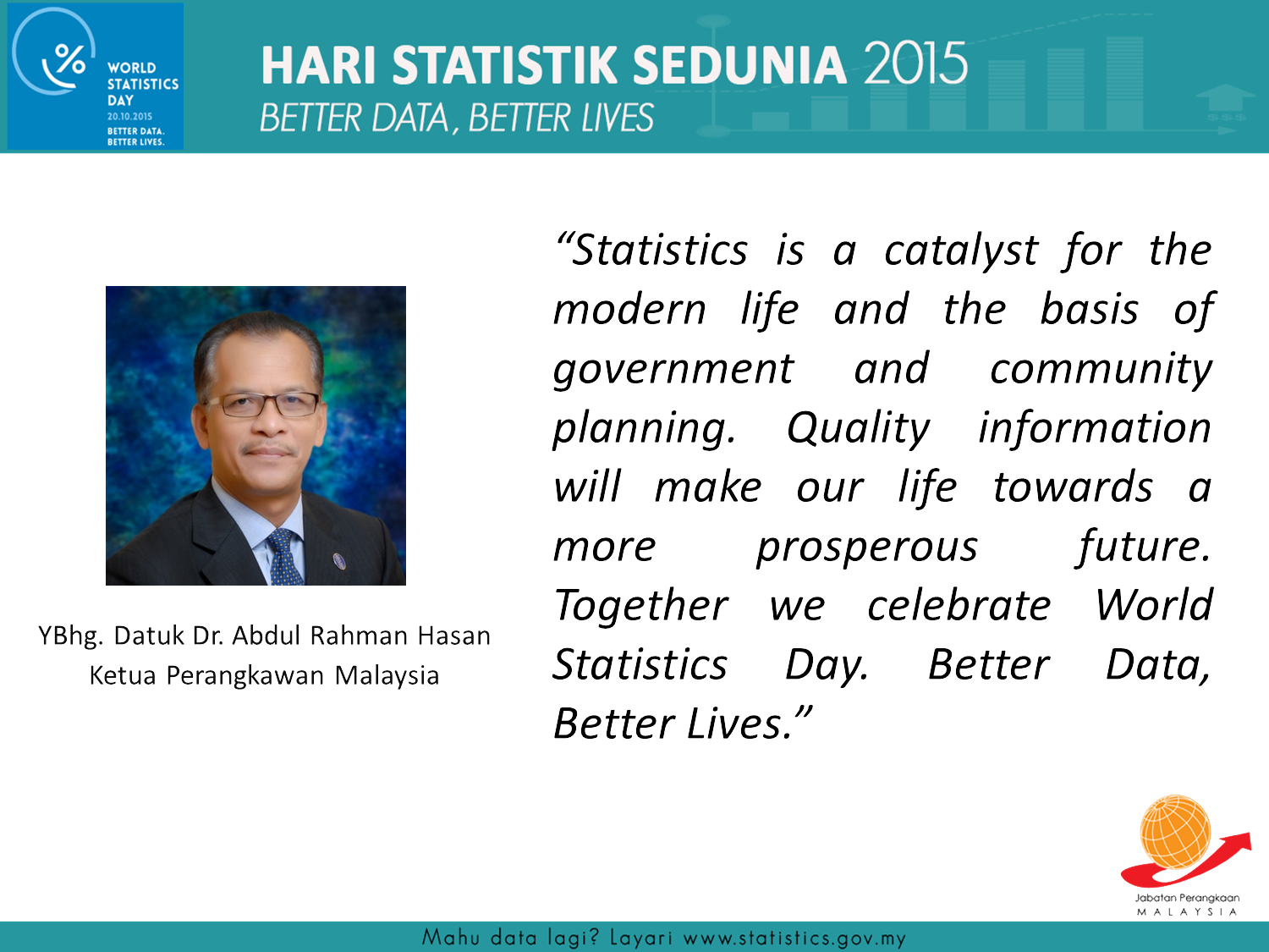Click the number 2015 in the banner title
915,63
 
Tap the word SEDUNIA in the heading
739,65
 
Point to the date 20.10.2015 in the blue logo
129,117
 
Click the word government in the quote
673,371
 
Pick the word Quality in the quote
858,429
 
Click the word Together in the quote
640,606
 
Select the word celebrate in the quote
959,606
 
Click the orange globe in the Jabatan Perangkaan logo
1175,832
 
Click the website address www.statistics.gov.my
794,938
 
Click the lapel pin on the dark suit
338,560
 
